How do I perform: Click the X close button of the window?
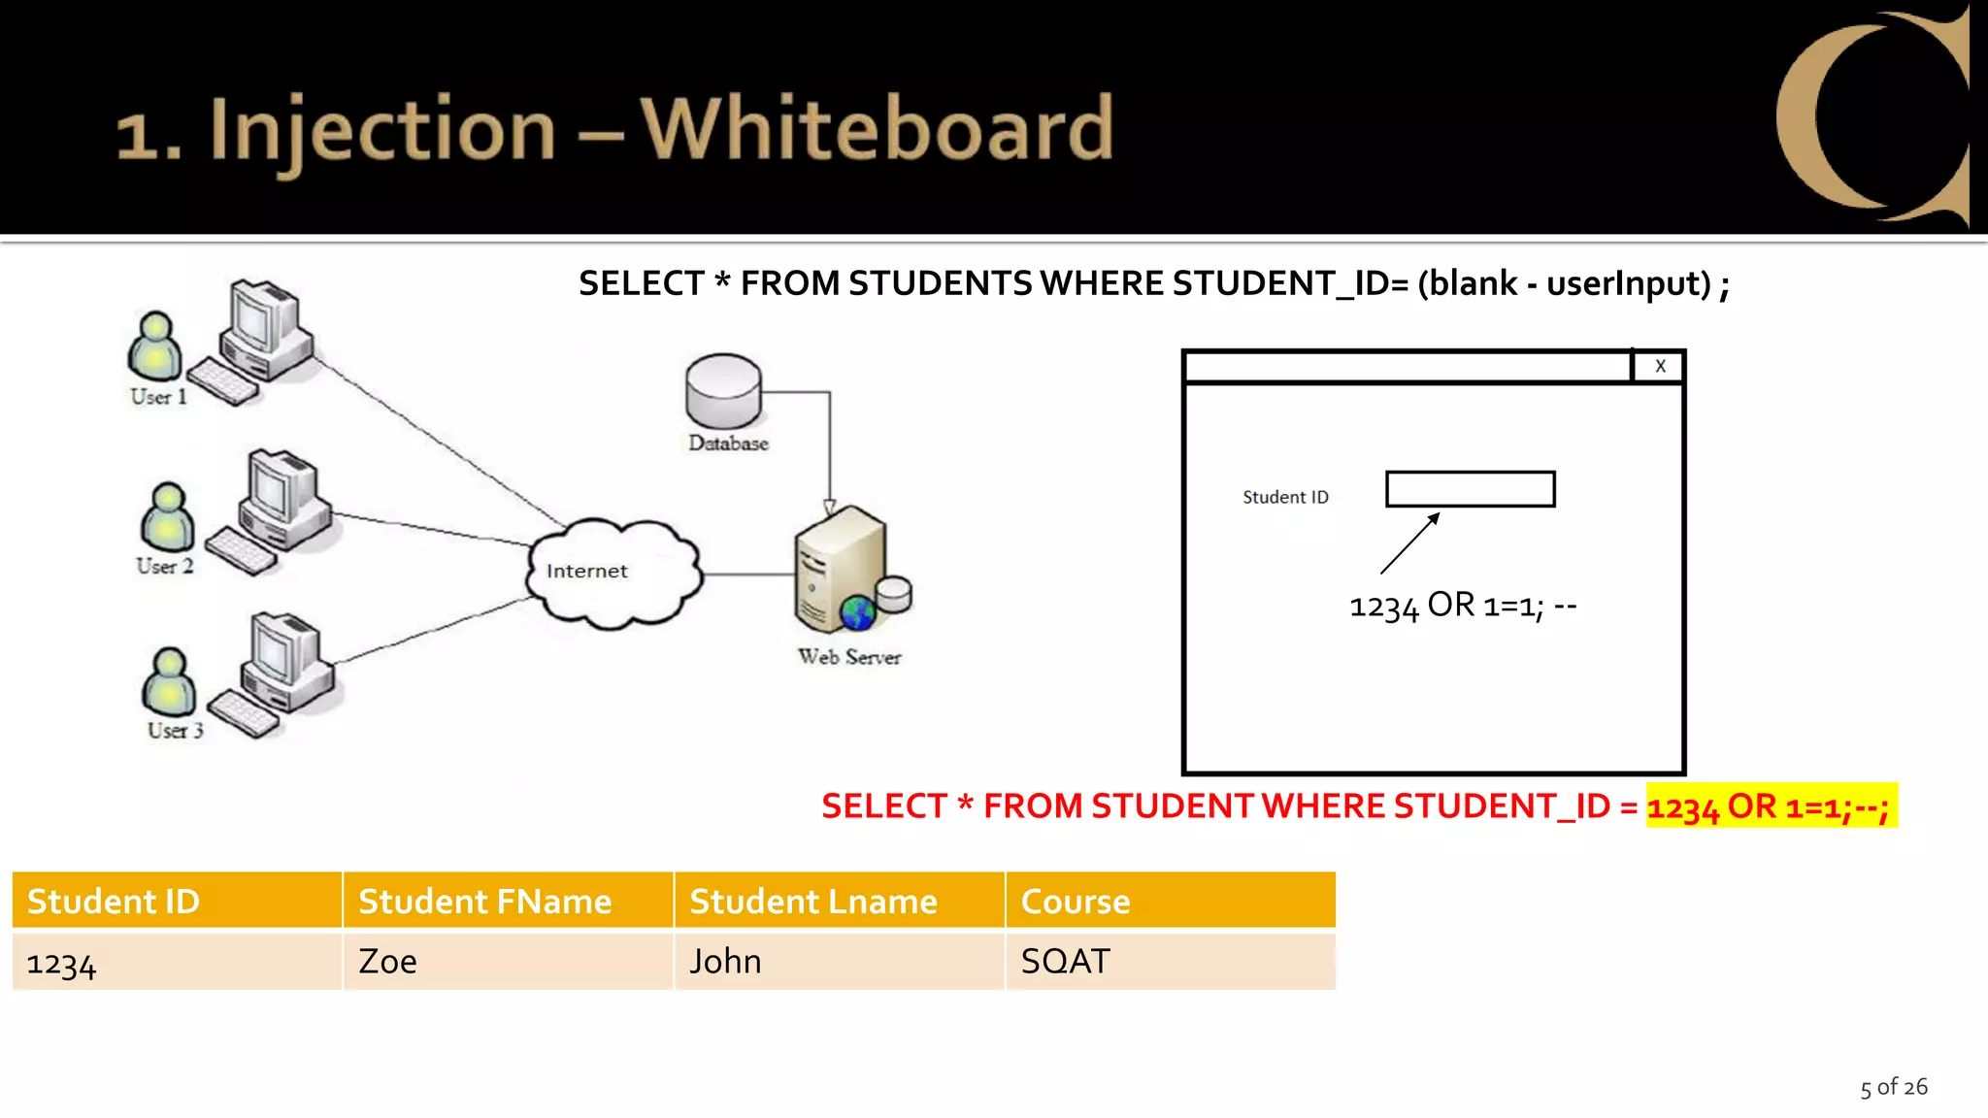point(1660,367)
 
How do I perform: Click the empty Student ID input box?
point(1470,489)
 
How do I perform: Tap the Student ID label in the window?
point(1285,497)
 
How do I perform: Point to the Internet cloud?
point(613,573)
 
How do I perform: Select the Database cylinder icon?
point(723,391)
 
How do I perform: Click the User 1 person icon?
point(154,347)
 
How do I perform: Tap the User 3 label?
point(176,731)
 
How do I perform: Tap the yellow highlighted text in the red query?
point(1771,806)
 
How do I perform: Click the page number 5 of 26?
point(1893,1087)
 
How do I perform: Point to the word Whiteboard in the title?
point(877,128)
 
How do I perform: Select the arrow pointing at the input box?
point(1409,543)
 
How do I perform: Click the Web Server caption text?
point(849,657)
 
